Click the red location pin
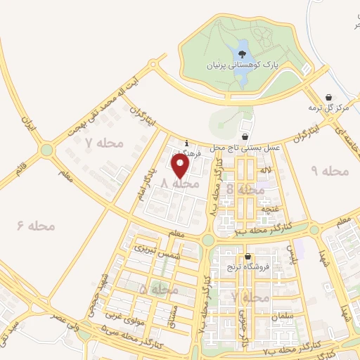(181, 166)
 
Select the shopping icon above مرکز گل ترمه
(328, 98)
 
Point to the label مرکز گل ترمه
(328, 108)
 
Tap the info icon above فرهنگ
(186, 141)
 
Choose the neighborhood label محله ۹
(329, 171)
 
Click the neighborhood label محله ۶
(36, 225)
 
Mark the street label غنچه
(270, 209)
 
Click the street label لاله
(264, 170)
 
